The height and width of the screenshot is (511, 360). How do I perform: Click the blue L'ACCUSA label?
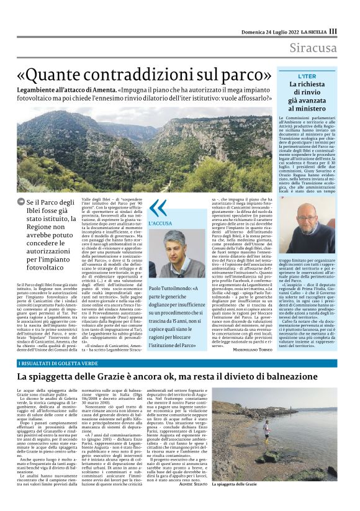click(162, 222)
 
